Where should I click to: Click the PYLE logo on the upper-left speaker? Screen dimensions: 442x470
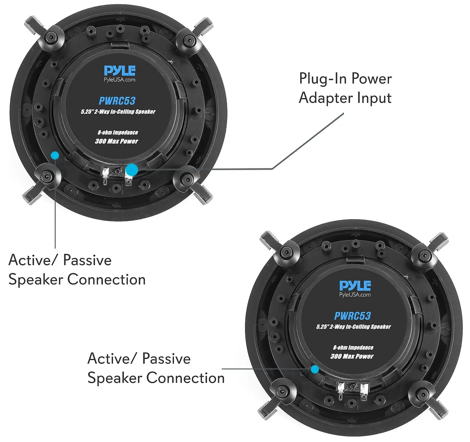pyautogui.click(x=120, y=70)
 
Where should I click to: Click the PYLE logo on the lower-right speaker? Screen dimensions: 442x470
pyautogui.click(x=355, y=285)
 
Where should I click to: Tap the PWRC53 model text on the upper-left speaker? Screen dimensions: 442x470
pyautogui.click(x=117, y=101)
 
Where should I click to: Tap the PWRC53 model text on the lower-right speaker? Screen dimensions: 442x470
pyautogui.click(x=352, y=316)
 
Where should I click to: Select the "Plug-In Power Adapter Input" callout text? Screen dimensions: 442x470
pyautogui.click(x=345, y=88)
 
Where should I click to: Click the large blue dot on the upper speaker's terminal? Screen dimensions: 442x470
pyautogui.click(x=132, y=170)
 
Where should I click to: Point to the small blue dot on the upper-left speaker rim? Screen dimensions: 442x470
pyautogui.click(x=55, y=155)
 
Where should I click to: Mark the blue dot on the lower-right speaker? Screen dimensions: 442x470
pyautogui.click(x=315, y=369)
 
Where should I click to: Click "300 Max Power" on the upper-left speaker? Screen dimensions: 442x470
pyautogui.click(x=117, y=141)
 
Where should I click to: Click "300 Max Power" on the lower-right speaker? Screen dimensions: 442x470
pyautogui.click(x=352, y=356)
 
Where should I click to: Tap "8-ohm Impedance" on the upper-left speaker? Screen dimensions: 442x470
pyautogui.click(x=118, y=132)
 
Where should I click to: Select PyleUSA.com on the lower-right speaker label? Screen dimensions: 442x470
pyautogui.click(x=355, y=295)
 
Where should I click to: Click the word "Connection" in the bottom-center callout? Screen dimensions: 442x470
pyautogui.click(x=186, y=378)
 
